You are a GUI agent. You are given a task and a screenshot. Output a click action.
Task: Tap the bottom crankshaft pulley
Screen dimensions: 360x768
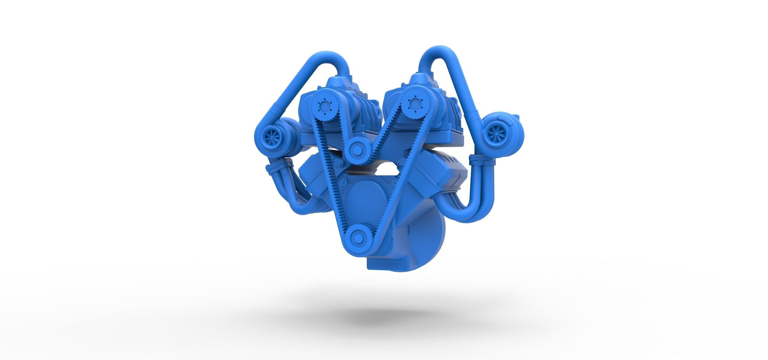coord(356,237)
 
